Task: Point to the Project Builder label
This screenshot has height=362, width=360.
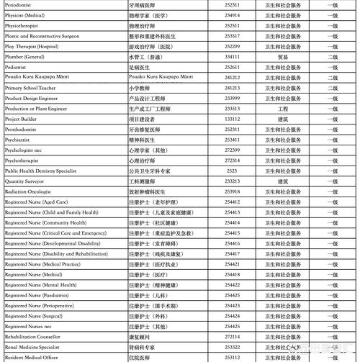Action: (x=24, y=119)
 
